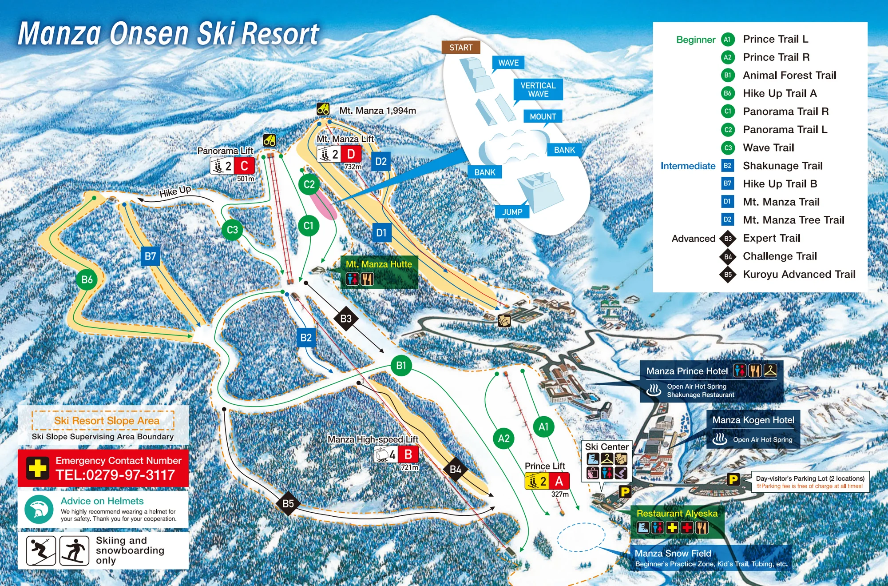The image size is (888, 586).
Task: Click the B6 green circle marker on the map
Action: click(x=87, y=279)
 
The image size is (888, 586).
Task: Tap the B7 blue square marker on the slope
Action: click(x=150, y=256)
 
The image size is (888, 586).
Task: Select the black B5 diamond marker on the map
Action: click(x=288, y=503)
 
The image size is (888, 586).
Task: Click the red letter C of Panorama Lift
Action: click(x=244, y=166)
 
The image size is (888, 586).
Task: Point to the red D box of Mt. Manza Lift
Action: click(x=351, y=154)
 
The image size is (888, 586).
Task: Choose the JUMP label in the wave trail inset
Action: click(x=512, y=212)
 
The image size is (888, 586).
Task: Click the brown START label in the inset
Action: click(x=460, y=48)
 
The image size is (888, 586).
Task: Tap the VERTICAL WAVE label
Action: click(x=538, y=89)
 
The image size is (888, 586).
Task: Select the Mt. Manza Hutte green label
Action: click(x=379, y=264)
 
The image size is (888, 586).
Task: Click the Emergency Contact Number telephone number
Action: click(x=115, y=475)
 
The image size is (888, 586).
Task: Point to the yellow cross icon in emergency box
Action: click(x=37, y=468)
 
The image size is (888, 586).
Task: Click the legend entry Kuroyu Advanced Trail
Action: click(x=799, y=274)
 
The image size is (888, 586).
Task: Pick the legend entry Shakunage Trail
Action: click(x=782, y=166)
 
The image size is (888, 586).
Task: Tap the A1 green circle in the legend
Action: click(x=727, y=39)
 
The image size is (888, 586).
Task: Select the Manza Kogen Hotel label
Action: click(x=753, y=420)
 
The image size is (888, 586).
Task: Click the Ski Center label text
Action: click(x=607, y=446)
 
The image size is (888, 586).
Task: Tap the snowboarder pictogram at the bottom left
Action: click(x=74, y=550)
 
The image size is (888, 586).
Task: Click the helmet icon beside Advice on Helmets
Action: click(x=39, y=509)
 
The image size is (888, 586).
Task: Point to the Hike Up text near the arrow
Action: click(x=175, y=191)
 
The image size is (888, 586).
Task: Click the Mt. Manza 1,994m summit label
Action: click(x=377, y=111)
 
